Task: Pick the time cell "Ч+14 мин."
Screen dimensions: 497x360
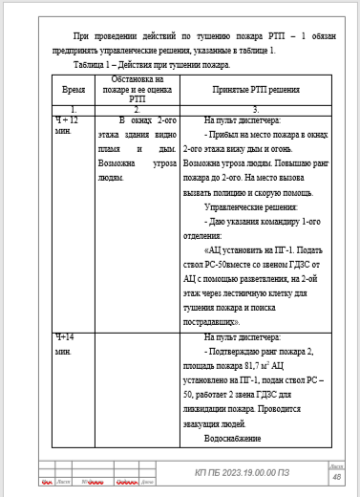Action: [64, 344]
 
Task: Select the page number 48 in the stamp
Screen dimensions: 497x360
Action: [335, 476]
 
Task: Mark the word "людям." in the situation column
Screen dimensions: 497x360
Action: [114, 179]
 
